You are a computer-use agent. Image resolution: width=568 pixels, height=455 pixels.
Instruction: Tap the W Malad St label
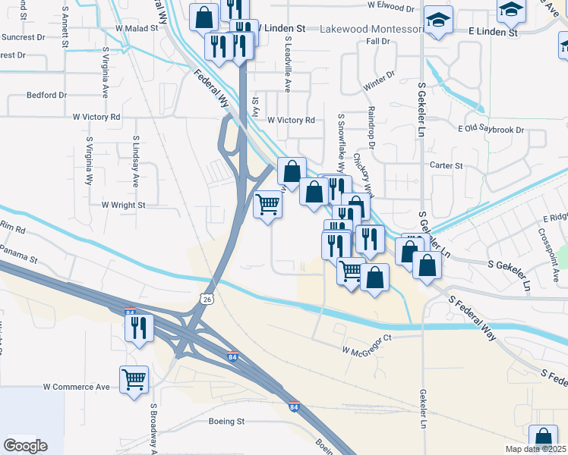click(136, 27)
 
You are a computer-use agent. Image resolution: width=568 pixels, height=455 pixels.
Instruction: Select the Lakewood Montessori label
click(371, 29)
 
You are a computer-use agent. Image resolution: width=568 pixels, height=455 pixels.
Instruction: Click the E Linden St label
click(493, 33)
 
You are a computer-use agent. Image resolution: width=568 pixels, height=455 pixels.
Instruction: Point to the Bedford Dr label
click(47, 96)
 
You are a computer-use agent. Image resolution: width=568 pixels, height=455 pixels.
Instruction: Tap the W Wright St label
click(123, 205)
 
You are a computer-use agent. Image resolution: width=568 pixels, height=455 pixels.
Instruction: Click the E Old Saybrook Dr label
click(491, 130)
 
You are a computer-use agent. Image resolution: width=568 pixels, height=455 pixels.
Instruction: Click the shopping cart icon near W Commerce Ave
click(134, 378)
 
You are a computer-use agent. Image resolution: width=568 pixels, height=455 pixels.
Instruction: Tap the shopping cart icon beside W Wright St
click(267, 204)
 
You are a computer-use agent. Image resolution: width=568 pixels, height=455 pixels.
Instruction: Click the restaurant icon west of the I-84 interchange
click(137, 327)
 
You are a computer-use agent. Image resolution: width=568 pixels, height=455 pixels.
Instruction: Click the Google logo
click(25, 446)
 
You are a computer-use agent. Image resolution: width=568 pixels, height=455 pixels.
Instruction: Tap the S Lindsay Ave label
click(136, 162)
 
